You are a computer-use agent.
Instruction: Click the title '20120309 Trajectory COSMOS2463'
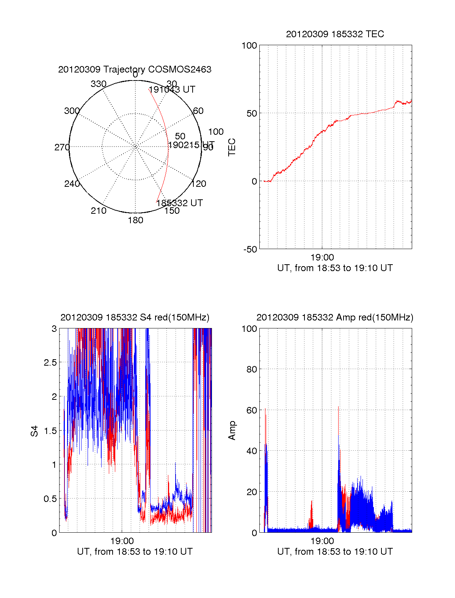coord(135,69)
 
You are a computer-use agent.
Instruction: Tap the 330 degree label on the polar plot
coord(99,84)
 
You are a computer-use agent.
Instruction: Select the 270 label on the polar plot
coord(62,147)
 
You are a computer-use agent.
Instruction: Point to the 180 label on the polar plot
coord(135,220)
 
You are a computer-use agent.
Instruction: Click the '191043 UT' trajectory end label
coord(172,90)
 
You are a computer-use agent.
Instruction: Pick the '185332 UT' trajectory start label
coord(179,203)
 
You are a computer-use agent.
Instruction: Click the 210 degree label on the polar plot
coord(99,211)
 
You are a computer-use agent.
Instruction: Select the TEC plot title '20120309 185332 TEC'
coord(335,34)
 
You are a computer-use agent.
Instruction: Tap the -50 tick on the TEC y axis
coord(250,249)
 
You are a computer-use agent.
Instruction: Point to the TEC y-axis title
coord(232,147)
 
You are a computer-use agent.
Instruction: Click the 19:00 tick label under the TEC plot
coord(322,258)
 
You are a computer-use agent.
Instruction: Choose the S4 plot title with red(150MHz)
coord(135,317)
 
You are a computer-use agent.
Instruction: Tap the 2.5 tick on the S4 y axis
coord(50,363)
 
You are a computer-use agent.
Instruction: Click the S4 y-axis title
coord(35,431)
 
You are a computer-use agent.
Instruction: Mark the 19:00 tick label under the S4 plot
coord(122,541)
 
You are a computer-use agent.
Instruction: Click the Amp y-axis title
coord(232,431)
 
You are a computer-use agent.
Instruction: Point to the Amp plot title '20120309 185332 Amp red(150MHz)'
coord(335,317)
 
